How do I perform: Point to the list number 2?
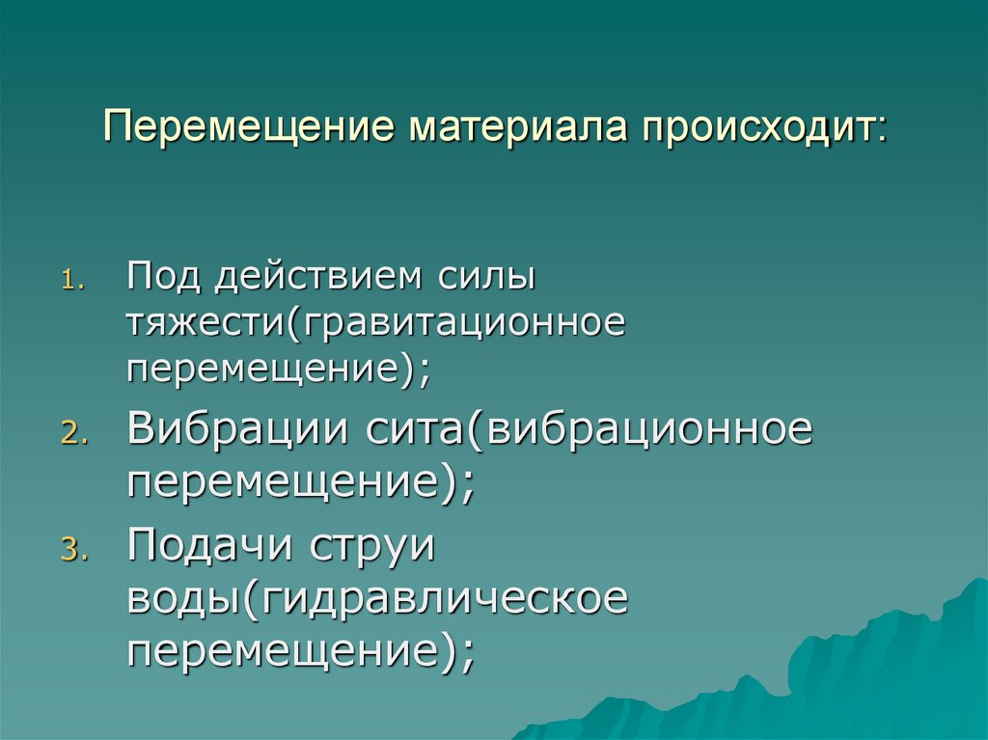click(73, 436)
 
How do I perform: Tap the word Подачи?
click(211, 548)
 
